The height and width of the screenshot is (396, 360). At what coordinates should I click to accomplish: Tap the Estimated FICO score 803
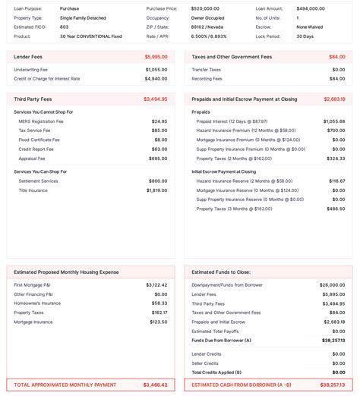click(64, 27)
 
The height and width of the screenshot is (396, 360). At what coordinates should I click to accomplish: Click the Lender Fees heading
click(27, 57)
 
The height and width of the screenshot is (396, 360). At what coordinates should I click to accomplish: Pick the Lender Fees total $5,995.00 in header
click(156, 57)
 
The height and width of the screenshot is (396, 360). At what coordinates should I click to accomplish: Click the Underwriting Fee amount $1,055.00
click(156, 70)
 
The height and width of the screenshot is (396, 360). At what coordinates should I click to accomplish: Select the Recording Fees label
click(207, 78)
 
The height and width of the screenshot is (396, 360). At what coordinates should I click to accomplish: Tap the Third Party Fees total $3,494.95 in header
click(156, 99)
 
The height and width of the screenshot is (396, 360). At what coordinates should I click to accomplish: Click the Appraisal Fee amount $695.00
click(158, 159)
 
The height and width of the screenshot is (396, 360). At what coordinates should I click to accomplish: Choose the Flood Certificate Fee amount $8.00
click(161, 140)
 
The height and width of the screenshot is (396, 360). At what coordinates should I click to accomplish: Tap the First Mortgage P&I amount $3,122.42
click(156, 285)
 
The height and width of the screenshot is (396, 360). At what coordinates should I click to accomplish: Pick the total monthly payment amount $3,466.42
click(156, 385)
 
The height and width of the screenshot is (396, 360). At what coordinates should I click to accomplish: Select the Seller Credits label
click(205, 363)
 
